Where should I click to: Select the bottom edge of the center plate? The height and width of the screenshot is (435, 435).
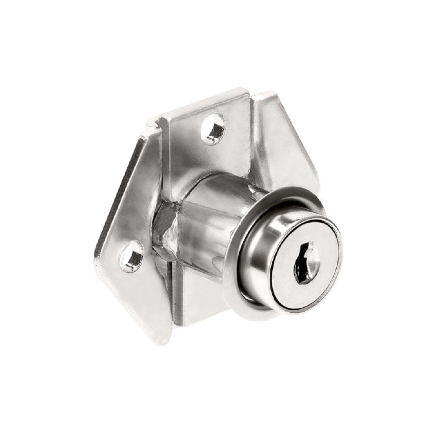(x=191, y=324)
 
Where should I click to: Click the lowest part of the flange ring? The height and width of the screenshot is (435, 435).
(x=261, y=314)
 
